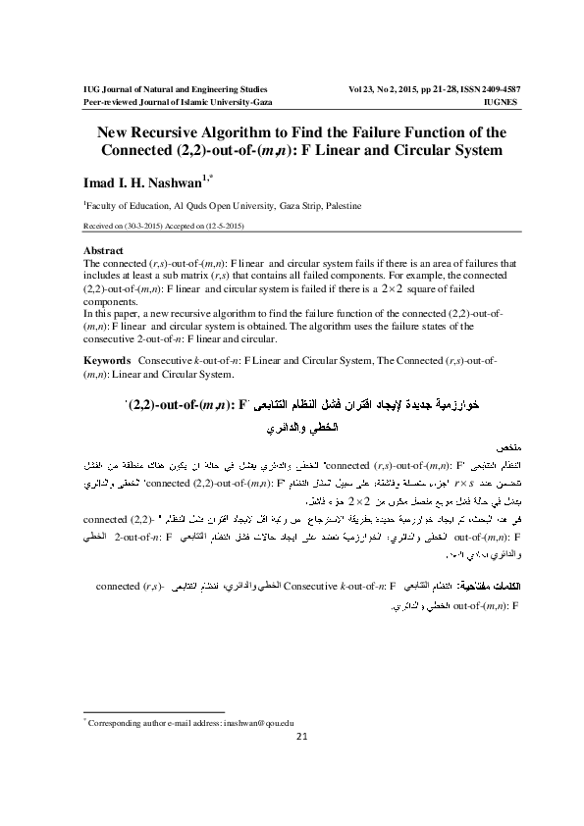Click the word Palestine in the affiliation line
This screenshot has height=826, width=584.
tap(337, 207)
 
